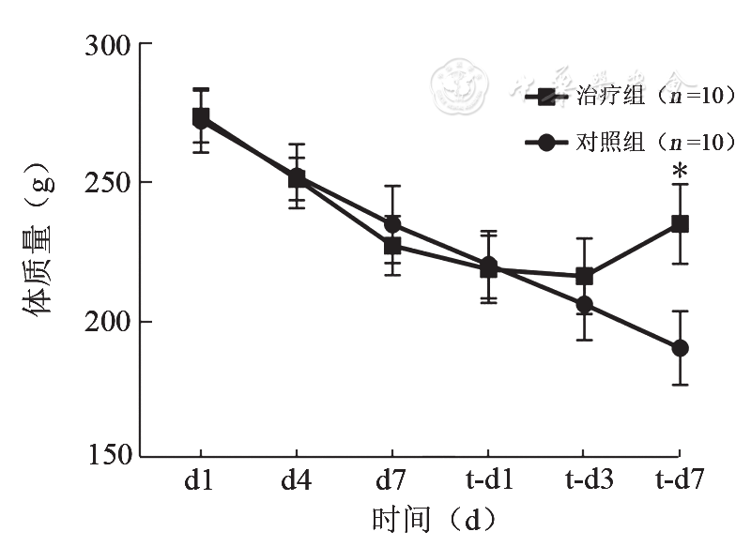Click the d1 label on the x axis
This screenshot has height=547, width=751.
(x=198, y=481)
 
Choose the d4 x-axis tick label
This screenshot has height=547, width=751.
(x=296, y=481)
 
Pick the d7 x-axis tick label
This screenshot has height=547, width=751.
(x=392, y=481)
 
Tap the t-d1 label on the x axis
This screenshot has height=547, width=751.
(x=488, y=481)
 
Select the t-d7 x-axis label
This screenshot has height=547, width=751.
(x=681, y=481)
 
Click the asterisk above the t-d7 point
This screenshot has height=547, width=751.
(x=681, y=173)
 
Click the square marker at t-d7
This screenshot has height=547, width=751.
(x=681, y=224)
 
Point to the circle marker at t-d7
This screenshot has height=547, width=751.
(x=681, y=348)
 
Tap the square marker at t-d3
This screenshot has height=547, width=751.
(x=585, y=276)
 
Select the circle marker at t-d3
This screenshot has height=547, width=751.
(x=585, y=305)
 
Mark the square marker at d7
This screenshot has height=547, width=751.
(x=392, y=246)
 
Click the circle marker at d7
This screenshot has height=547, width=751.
(x=392, y=225)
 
